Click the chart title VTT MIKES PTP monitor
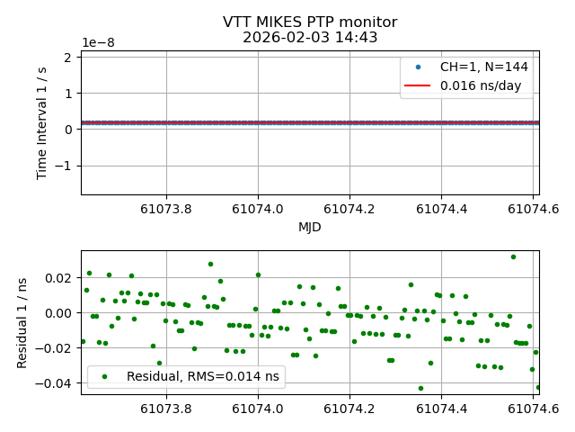click(x=310, y=22)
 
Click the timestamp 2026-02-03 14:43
click(x=310, y=38)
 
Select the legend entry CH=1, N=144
click(x=483, y=67)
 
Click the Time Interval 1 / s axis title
click(x=43, y=122)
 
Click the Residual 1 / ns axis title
click(x=23, y=322)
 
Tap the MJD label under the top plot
click(x=310, y=228)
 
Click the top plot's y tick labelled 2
click(x=69, y=58)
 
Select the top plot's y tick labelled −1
click(x=65, y=166)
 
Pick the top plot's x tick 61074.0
click(x=258, y=207)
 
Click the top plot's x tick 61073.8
click(x=166, y=207)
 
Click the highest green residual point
click(x=513, y=256)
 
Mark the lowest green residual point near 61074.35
click(x=420, y=388)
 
